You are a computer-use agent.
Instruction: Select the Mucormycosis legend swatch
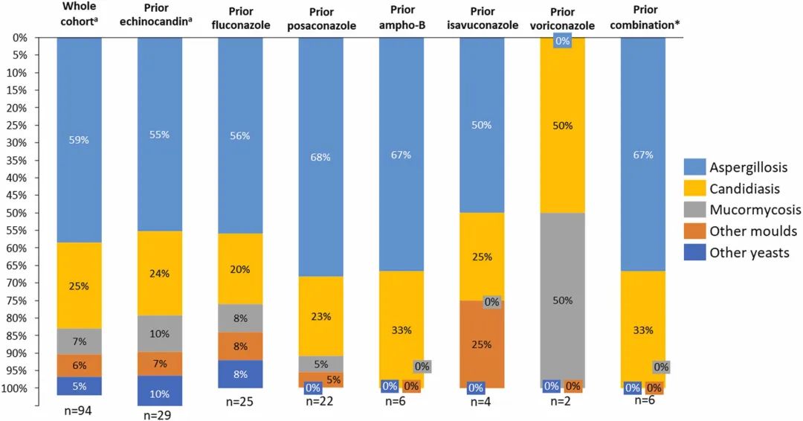(x=695, y=210)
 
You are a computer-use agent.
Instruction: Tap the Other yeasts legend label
(x=749, y=253)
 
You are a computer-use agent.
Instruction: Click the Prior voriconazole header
(x=562, y=19)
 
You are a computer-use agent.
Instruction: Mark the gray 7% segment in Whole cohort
(x=80, y=341)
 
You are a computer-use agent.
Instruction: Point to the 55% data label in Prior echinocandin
(x=160, y=135)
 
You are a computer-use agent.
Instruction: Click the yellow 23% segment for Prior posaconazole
(x=321, y=316)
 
